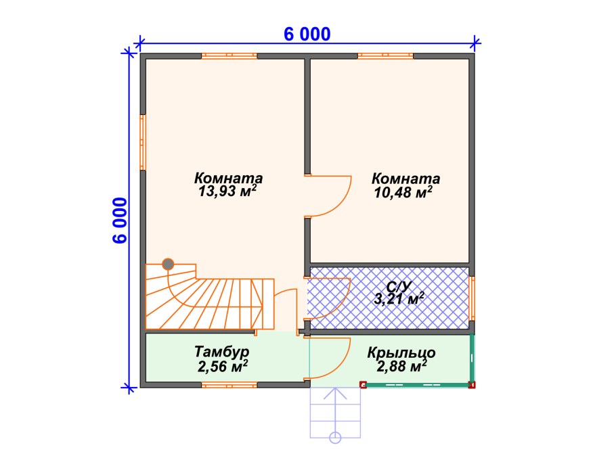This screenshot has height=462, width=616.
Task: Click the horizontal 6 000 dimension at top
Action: tap(307, 34)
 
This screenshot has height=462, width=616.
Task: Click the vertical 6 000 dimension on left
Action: tap(120, 221)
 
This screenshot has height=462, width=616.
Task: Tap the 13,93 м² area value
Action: tap(227, 191)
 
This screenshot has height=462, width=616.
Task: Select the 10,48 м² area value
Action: tap(403, 192)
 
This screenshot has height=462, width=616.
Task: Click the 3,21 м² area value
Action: tap(399, 299)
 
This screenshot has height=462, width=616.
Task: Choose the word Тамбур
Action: tap(222, 352)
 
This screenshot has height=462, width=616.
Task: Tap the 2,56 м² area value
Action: tap(222, 366)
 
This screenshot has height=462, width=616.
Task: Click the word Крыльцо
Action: tap(401, 352)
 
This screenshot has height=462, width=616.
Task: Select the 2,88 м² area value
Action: tap(402, 367)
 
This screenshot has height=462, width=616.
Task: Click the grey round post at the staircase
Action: tap(168, 264)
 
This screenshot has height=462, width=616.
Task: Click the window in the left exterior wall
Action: tap(143, 143)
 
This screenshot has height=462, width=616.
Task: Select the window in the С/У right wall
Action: tap(472, 299)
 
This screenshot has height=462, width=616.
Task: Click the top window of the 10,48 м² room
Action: tap(385, 56)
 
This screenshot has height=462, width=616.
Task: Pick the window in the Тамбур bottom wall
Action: tap(229, 385)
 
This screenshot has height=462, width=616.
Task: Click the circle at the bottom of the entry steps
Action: tap(335, 437)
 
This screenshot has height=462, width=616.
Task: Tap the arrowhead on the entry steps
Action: tap(335, 393)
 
